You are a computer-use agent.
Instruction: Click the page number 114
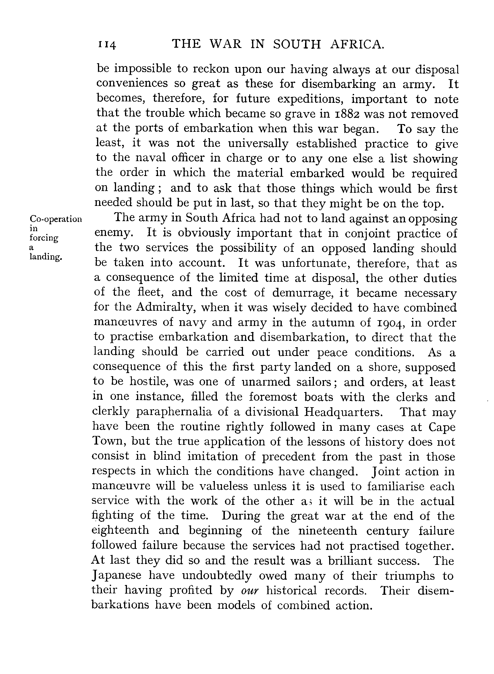107,45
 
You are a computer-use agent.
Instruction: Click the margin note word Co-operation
56,219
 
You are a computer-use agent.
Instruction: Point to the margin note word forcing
44,238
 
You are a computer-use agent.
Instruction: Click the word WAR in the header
225,44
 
